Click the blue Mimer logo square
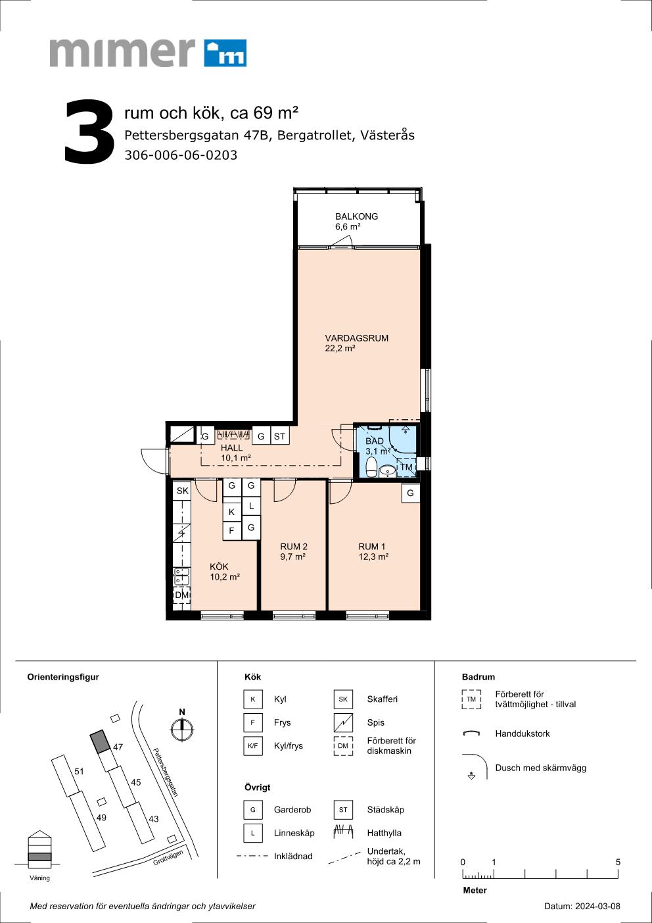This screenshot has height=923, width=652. [225, 53]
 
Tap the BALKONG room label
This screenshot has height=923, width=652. [356, 216]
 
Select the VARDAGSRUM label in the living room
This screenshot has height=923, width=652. [356, 338]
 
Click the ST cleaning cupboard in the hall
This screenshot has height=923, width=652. [279, 436]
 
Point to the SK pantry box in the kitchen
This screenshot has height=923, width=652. [182, 491]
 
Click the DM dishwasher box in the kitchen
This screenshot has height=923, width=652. [181, 595]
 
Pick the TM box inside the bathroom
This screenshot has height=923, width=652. [406, 467]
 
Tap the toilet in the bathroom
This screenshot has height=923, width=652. [371, 466]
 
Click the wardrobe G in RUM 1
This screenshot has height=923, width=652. [410, 493]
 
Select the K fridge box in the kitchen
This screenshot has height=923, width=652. [232, 512]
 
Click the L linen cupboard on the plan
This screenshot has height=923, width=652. [251, 506]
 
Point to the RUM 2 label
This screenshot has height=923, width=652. [294, 547]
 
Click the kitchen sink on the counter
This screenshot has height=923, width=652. [181, 576]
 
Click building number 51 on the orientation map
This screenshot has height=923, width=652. [79, 772]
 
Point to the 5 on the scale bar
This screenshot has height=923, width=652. [618, 862]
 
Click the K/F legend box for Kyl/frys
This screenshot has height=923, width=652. [253, 746]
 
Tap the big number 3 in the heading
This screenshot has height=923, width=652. [89, 132]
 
